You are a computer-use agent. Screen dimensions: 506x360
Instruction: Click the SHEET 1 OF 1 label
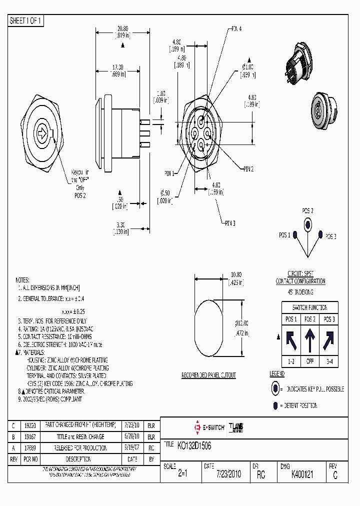(x=26, y=20)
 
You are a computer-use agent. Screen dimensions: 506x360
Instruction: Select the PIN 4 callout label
(x=236, y=29)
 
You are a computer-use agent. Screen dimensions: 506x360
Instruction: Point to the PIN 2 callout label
(x=249, y=169)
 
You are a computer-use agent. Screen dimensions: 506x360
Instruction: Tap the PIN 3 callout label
(x=229, y=222)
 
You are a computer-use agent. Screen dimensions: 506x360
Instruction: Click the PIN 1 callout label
(x=170, y=173)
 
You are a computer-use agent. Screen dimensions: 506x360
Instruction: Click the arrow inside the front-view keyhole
(x=42, y=133)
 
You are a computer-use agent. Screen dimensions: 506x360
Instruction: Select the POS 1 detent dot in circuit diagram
(x=294, y=234)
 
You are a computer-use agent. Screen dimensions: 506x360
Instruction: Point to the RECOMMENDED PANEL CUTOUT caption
(x=208, y=375)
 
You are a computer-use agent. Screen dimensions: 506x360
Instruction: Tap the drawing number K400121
(x=302, y=475)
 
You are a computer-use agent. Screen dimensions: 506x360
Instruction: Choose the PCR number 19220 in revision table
(x=29, y=425)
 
